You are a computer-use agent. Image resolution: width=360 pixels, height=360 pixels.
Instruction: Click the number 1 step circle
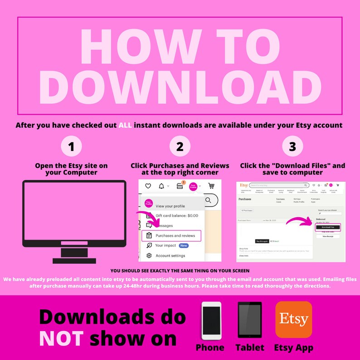coord(71,146)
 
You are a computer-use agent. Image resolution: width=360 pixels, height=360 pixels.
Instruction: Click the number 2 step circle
coord(180,146)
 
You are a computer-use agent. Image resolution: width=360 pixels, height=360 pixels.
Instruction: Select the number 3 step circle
coord(292,146)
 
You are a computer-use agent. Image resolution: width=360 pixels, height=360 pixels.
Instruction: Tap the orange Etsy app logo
coord(293,320)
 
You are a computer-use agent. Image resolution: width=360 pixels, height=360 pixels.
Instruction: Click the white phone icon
coord(211,321)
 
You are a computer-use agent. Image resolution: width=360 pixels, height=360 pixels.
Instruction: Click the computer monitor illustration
coord(74,218)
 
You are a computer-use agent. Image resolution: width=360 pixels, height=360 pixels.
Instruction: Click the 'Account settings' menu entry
coord(170,256)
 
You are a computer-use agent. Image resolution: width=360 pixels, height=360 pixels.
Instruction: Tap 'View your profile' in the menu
coord(171,206)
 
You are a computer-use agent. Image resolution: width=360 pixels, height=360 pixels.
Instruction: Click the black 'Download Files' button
coord(328,227)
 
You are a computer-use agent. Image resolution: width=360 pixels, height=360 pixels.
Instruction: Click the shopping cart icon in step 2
coord(211,186)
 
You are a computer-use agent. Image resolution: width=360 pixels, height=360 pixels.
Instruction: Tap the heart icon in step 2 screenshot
coord(148,186)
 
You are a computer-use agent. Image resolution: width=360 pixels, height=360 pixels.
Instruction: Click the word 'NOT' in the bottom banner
coord(61,338)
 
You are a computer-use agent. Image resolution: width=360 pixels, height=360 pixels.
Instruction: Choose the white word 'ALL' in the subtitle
coord(125,125)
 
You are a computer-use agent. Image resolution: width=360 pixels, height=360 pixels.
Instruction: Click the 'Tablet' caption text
coord(250,348)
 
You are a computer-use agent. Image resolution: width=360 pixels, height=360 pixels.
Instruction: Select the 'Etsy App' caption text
coord(293,348)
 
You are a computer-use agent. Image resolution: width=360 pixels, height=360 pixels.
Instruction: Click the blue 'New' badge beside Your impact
coord(184,245)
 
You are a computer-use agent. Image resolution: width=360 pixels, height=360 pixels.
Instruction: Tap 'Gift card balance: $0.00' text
coord(177,216)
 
